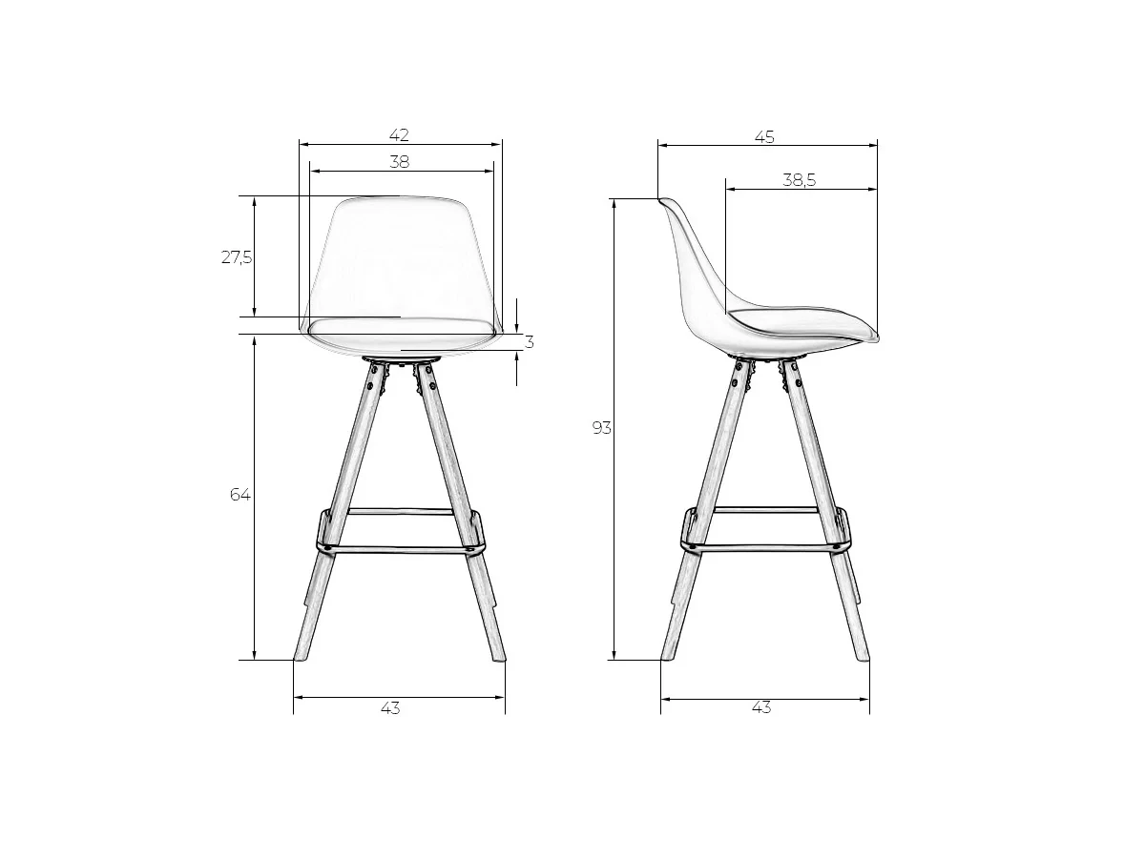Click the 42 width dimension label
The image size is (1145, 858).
(x=399, y=135)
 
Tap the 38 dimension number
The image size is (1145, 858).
(x=399, y=162)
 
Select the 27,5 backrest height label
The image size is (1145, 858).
(x=237, y=256)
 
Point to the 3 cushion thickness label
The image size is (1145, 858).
(x=529, y=342)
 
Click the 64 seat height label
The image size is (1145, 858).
(x=239, y=495)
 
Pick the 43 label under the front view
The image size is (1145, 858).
(x=390, y=708)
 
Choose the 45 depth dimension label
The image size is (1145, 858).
(x=764, y=137)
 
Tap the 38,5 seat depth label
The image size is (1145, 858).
(x=799, y=180)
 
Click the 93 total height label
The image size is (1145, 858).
(x=601, y=428)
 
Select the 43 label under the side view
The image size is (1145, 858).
(x=761, y=707)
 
